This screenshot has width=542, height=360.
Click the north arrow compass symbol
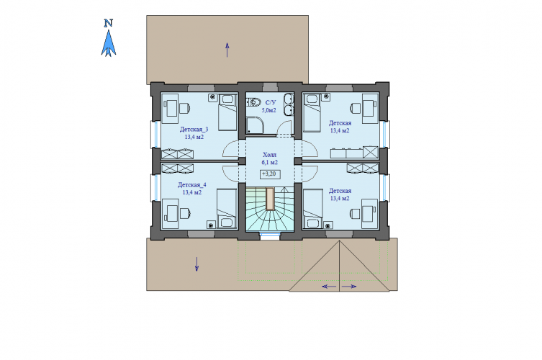109,43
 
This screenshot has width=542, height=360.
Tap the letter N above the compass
109,23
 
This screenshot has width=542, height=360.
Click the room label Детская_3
194,130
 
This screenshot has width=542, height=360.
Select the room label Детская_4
192,185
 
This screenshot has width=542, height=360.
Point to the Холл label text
270,155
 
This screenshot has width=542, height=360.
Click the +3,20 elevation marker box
270,174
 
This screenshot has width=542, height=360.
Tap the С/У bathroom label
271,102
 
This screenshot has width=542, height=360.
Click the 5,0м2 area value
269,110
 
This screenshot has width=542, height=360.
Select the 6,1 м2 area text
270,162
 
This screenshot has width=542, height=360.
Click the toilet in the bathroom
253,102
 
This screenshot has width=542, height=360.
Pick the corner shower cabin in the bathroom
255,125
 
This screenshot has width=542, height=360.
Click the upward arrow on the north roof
227,50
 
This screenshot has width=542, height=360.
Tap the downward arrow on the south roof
197,264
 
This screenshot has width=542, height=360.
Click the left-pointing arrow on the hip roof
329,287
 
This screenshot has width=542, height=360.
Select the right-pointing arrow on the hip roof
349,287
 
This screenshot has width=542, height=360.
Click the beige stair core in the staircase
270,199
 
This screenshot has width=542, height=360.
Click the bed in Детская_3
227,112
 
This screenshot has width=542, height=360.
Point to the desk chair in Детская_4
185,213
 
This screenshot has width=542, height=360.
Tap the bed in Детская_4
227,209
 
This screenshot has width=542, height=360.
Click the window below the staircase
270,236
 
